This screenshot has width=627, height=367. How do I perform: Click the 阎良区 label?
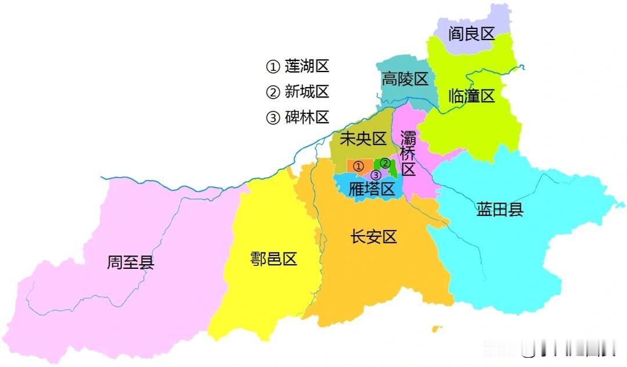(x=471, y=34)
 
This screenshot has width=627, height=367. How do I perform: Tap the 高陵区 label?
(x=405, y=79)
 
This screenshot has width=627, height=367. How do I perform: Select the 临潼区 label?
(x=471, y=96)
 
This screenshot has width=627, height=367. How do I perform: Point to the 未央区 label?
(x=363, y=139)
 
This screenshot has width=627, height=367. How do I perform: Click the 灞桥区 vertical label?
(x=409, y=154)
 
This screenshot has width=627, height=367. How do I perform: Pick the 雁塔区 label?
(x=372, y=189)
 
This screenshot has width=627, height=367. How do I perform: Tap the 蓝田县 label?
(x=500, y=210)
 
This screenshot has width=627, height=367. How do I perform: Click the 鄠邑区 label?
(x=273, y=259)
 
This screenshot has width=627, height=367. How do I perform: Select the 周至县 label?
(x=131, y=263)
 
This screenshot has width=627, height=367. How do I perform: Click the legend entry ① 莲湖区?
(x=297, y=66)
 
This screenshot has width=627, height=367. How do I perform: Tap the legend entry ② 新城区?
(x=297, y=92)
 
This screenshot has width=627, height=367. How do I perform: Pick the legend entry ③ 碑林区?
(x=297, y=117)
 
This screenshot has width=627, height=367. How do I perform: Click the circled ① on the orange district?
(x=358, y=167)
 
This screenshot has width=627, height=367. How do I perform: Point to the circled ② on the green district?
(x=384, y=164)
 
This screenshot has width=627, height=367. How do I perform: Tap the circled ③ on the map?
(x=376, y=175)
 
